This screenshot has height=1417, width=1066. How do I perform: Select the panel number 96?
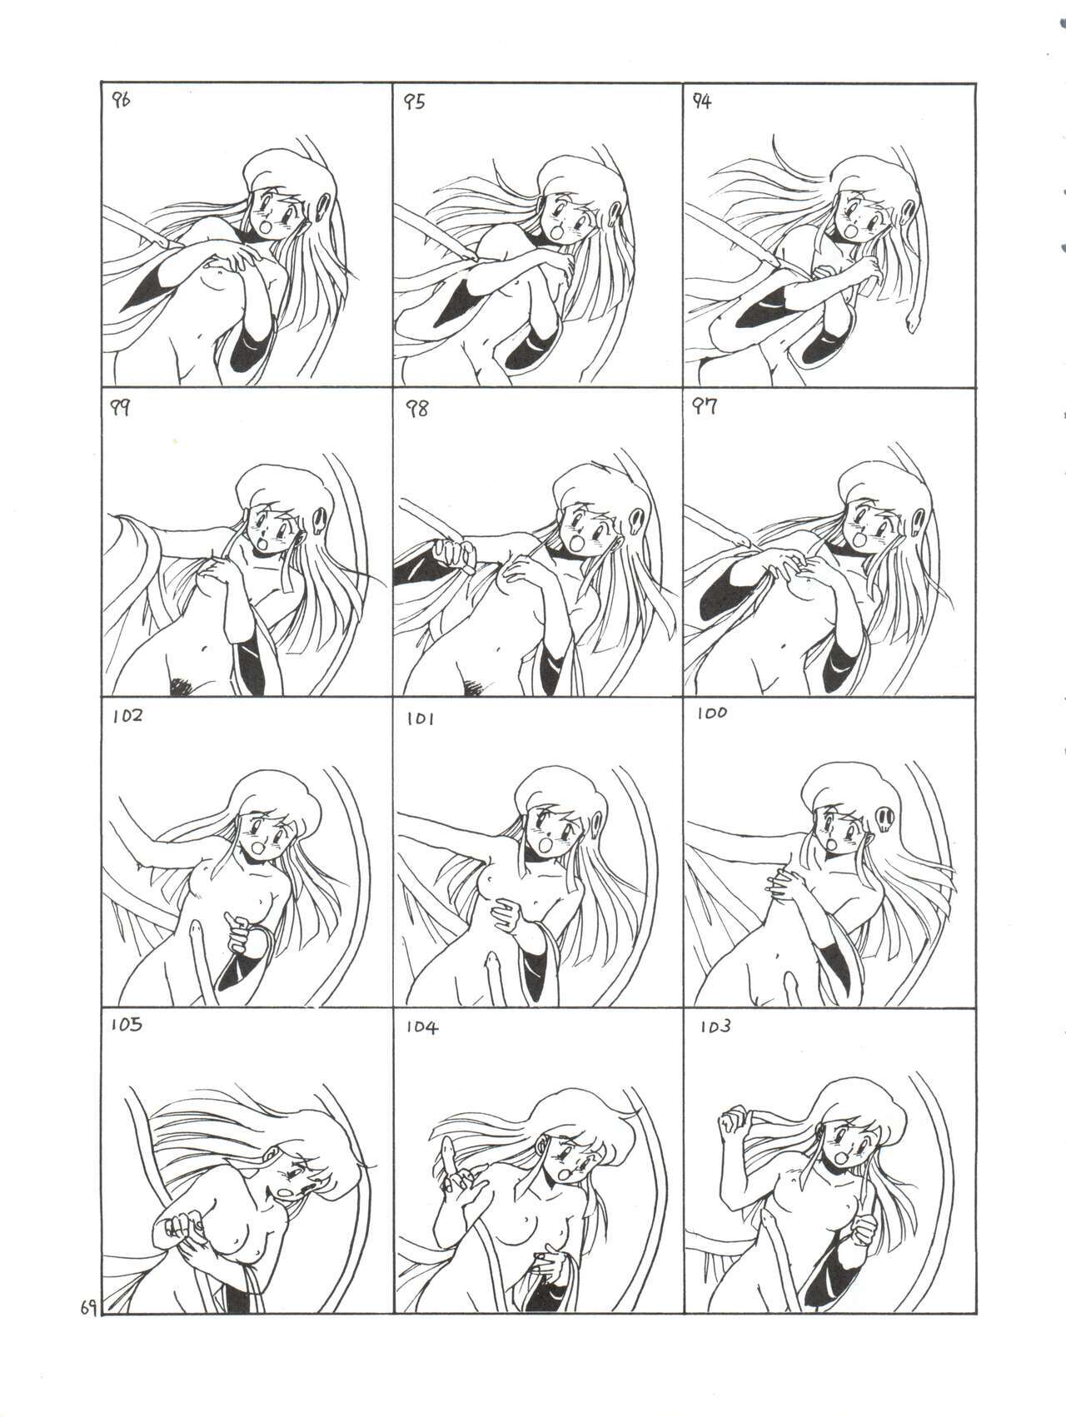(x=122, y=102)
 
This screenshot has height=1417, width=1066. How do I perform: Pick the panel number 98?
(x=416, y=409)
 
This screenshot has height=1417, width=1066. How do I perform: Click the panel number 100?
(x=713, y=713)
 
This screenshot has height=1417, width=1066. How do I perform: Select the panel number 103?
(x=715, y=1027)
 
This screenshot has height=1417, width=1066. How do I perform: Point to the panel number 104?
(x=421, y=1027)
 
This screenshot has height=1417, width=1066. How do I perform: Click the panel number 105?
(x=127, y=1025)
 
